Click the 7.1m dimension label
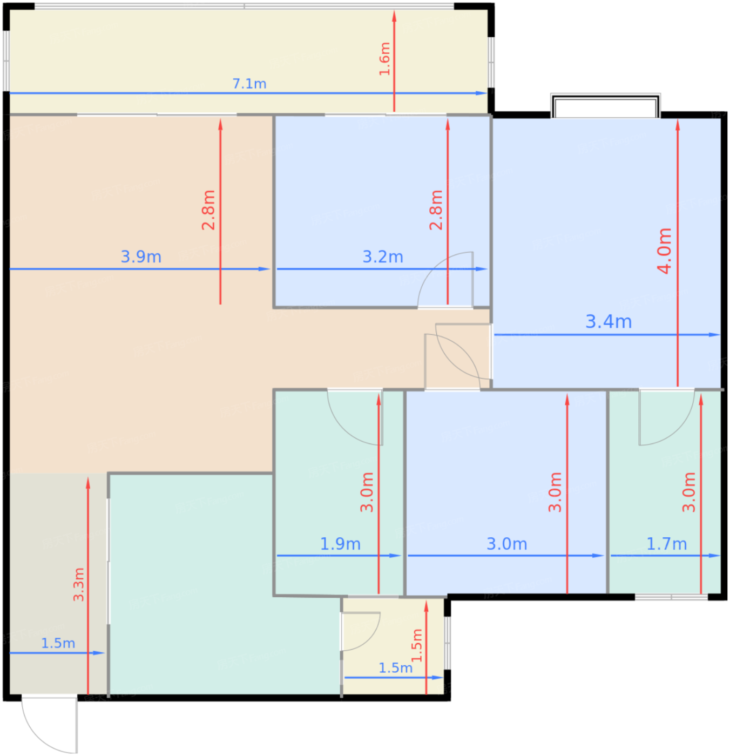(249, 84)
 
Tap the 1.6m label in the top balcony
(384, 59)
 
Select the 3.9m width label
(141, 257)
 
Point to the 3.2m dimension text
(383, 257)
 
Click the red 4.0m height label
(664, 251)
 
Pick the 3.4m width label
(609, 322)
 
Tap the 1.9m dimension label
(340, 544)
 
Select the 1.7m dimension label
(666, 544)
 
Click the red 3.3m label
(78, 584)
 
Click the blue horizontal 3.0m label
(506, 544)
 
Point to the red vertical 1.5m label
(416, 645)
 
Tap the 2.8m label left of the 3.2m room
(208, 210)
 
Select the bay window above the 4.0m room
(605, 105)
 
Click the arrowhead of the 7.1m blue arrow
(482, 93)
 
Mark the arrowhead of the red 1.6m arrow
(394, 16)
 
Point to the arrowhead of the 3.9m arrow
(265, 269)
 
